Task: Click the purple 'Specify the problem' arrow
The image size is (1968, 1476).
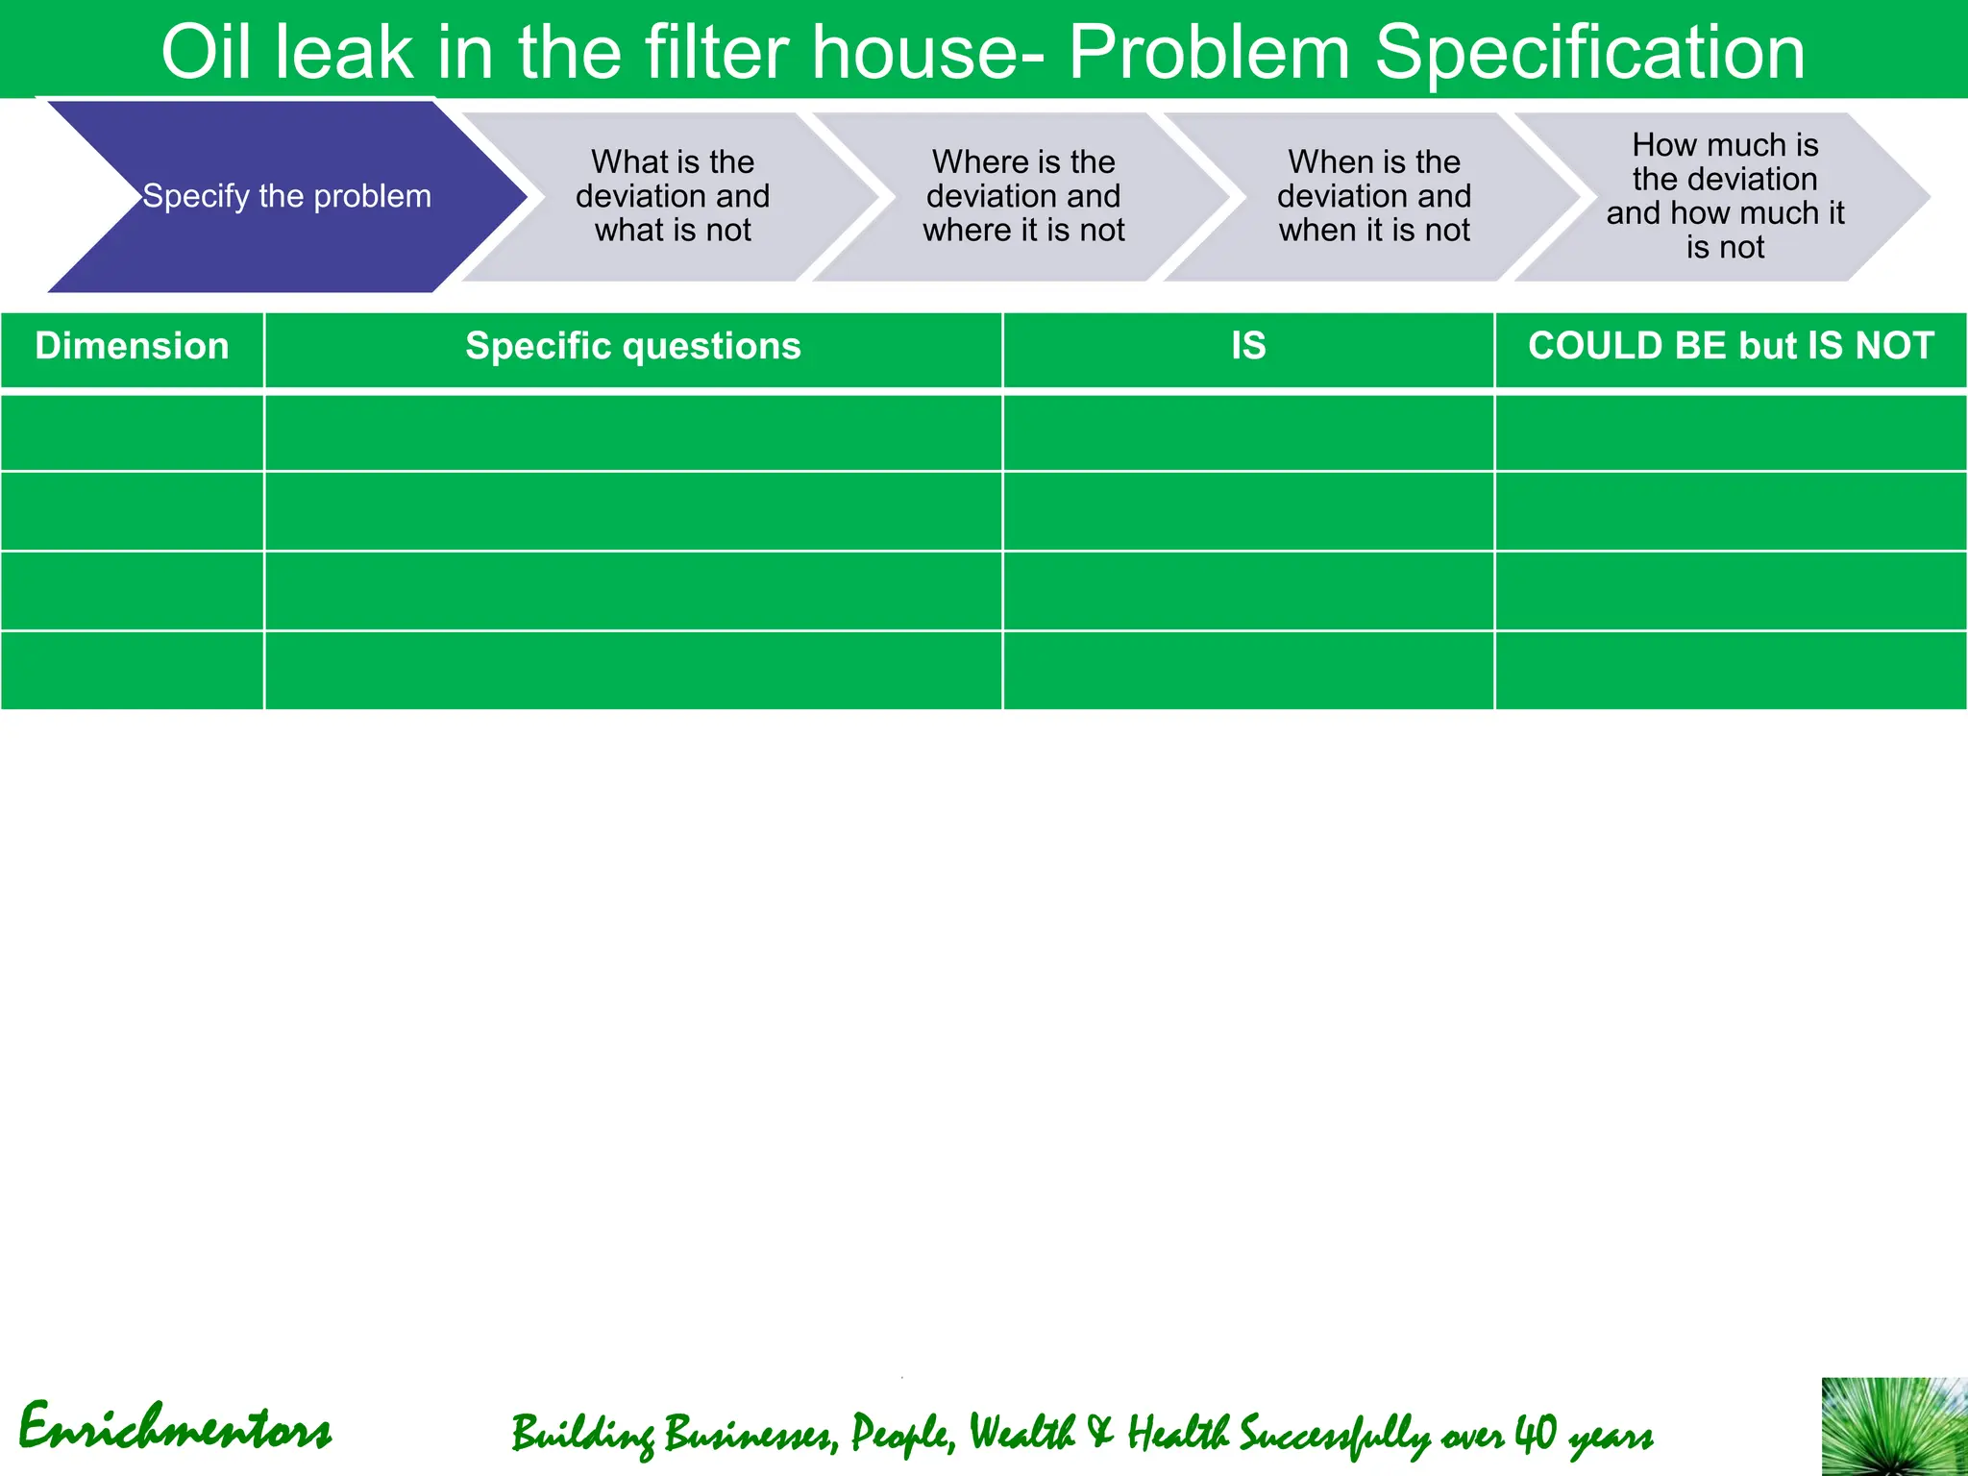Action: point(286,196)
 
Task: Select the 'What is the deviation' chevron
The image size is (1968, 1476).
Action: point(673,196)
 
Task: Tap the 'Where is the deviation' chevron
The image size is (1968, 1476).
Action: point(1023,196)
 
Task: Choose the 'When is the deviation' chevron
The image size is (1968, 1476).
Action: point(1374,196)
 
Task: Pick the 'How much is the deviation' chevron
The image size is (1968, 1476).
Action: point(1725,196)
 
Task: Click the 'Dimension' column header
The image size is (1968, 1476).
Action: point(133,347)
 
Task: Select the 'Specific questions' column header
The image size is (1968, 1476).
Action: point(633,347)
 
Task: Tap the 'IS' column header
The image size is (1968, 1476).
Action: point(1248,347)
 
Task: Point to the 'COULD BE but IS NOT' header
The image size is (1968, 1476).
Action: point(1731,347)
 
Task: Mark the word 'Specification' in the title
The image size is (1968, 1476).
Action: point(1589,52)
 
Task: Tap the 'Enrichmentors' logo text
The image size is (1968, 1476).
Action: point(175,1429)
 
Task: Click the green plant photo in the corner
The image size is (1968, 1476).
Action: point(1894,1427)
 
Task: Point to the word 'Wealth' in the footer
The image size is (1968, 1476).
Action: point(1021,1433)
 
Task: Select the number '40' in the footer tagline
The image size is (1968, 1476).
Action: point(1535,1433)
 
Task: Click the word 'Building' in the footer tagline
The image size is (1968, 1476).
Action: point(581,1435)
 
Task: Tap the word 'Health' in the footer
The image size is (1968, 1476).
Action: point(1178,1433)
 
